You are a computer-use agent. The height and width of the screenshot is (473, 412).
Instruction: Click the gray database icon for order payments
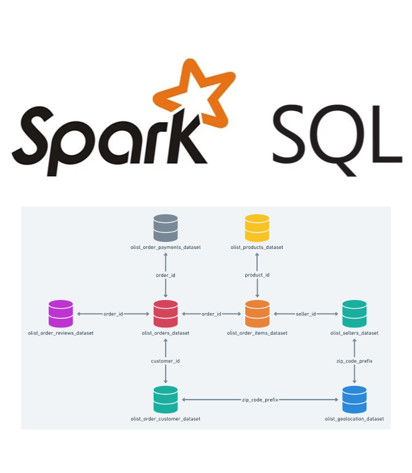[x=166, y=228]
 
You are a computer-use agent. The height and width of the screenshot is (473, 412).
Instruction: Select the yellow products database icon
[x=257, y=228]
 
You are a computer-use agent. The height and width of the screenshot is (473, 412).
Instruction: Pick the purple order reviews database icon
[x=60, y=314]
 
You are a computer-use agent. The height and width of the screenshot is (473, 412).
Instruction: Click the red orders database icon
[x=166, y=314]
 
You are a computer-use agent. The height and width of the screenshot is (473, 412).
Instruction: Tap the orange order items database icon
[x=257, y=314]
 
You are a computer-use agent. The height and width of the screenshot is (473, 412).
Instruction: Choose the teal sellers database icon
[x=354, y=314]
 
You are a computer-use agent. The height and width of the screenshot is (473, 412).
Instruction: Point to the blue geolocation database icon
[x=354, y=400]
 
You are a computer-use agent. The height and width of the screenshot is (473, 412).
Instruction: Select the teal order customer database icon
[x=166, y=400]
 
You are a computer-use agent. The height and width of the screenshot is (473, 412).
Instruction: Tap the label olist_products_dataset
[x=257, y=248]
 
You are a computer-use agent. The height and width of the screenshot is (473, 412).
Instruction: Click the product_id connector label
[x=257, y=274]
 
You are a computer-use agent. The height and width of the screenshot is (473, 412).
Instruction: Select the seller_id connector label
[x=305, y=314]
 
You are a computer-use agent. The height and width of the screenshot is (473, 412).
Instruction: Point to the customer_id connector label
[x=166, y=361]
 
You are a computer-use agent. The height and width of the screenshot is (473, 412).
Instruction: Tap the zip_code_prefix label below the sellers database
[x=354, y=361]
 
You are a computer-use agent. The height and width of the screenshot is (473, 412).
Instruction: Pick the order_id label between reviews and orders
[x=113, y=314]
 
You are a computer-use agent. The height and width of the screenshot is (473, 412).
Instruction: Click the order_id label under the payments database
[x=166, y=274]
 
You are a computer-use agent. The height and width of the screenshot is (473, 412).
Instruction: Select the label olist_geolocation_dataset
[x=354, y=419]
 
